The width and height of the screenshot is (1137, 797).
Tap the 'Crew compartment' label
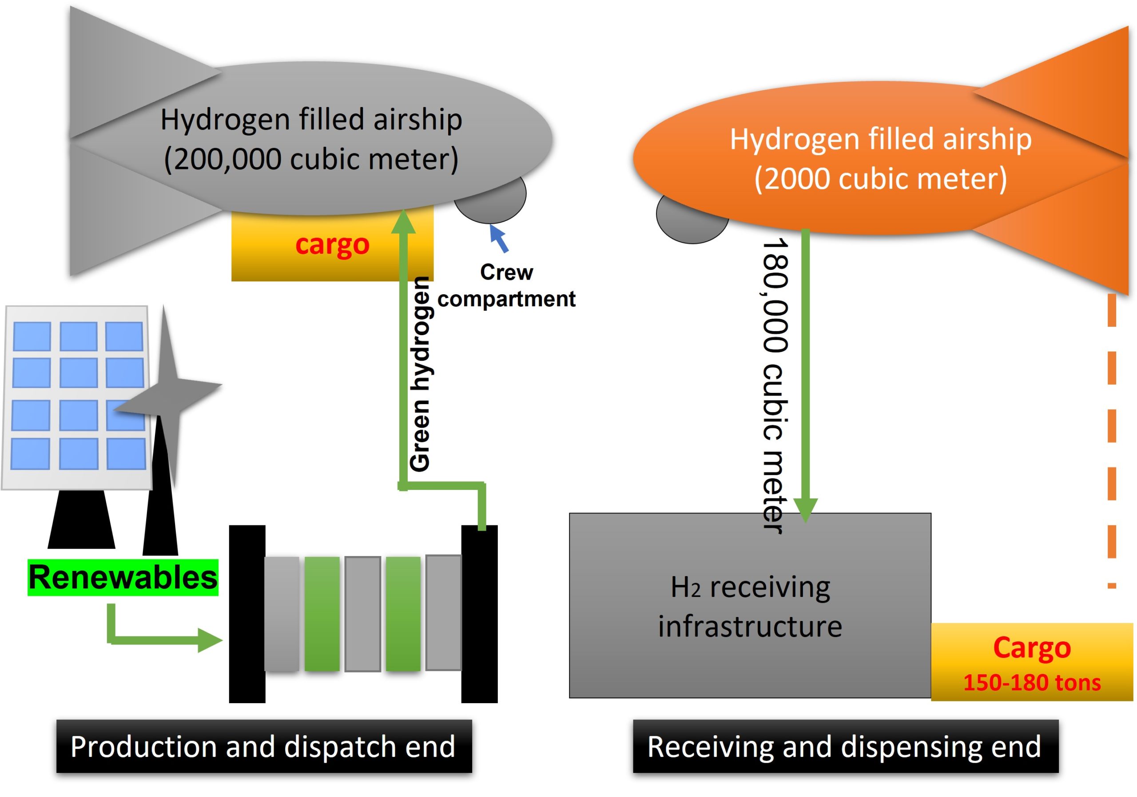506,285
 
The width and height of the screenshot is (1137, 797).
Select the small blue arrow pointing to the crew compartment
499,238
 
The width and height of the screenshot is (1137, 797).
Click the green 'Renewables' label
123,577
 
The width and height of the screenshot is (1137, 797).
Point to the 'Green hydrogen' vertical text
421,374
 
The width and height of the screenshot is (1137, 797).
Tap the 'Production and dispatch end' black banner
264,746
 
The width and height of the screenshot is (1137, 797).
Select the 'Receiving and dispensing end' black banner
846,746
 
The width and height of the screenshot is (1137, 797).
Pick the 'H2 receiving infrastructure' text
750,607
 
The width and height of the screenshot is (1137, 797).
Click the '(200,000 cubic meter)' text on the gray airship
311,160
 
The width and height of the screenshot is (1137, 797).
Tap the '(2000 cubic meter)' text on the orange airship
880,179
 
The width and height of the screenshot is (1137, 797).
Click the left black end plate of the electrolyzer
247,613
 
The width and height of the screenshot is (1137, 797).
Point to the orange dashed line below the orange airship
1112,441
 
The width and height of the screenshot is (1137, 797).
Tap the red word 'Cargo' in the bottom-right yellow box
1032,648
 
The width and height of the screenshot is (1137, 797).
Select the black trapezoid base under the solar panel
81,520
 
